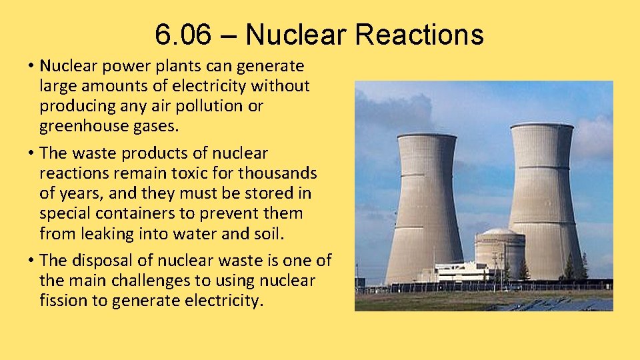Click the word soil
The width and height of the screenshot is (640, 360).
coord(269,233)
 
